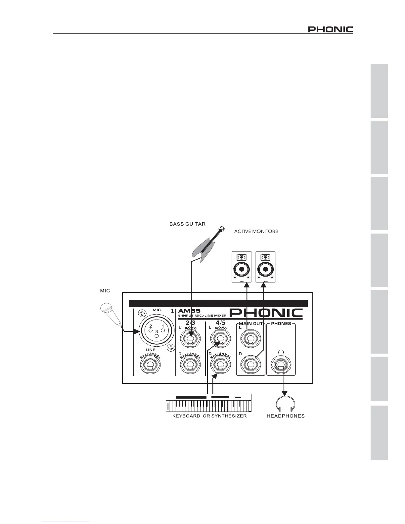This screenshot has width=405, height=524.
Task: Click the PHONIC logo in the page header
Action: pos(330,30)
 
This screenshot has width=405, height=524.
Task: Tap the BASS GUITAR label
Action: pos(187,224)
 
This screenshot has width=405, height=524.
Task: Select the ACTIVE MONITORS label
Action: pos(256,231)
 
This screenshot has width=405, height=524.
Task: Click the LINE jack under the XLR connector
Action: pos(150,366)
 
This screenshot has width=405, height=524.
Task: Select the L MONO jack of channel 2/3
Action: pos(190,339)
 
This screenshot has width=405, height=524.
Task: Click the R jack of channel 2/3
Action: pos(190,366)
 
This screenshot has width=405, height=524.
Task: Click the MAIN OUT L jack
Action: pos(250,339)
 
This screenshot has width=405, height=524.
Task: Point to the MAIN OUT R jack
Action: pos(250,366)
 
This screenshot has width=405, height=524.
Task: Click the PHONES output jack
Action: pos(281,366)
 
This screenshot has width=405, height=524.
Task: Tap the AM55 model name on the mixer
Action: pos(187,311)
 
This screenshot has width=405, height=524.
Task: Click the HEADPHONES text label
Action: pos(286,416)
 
